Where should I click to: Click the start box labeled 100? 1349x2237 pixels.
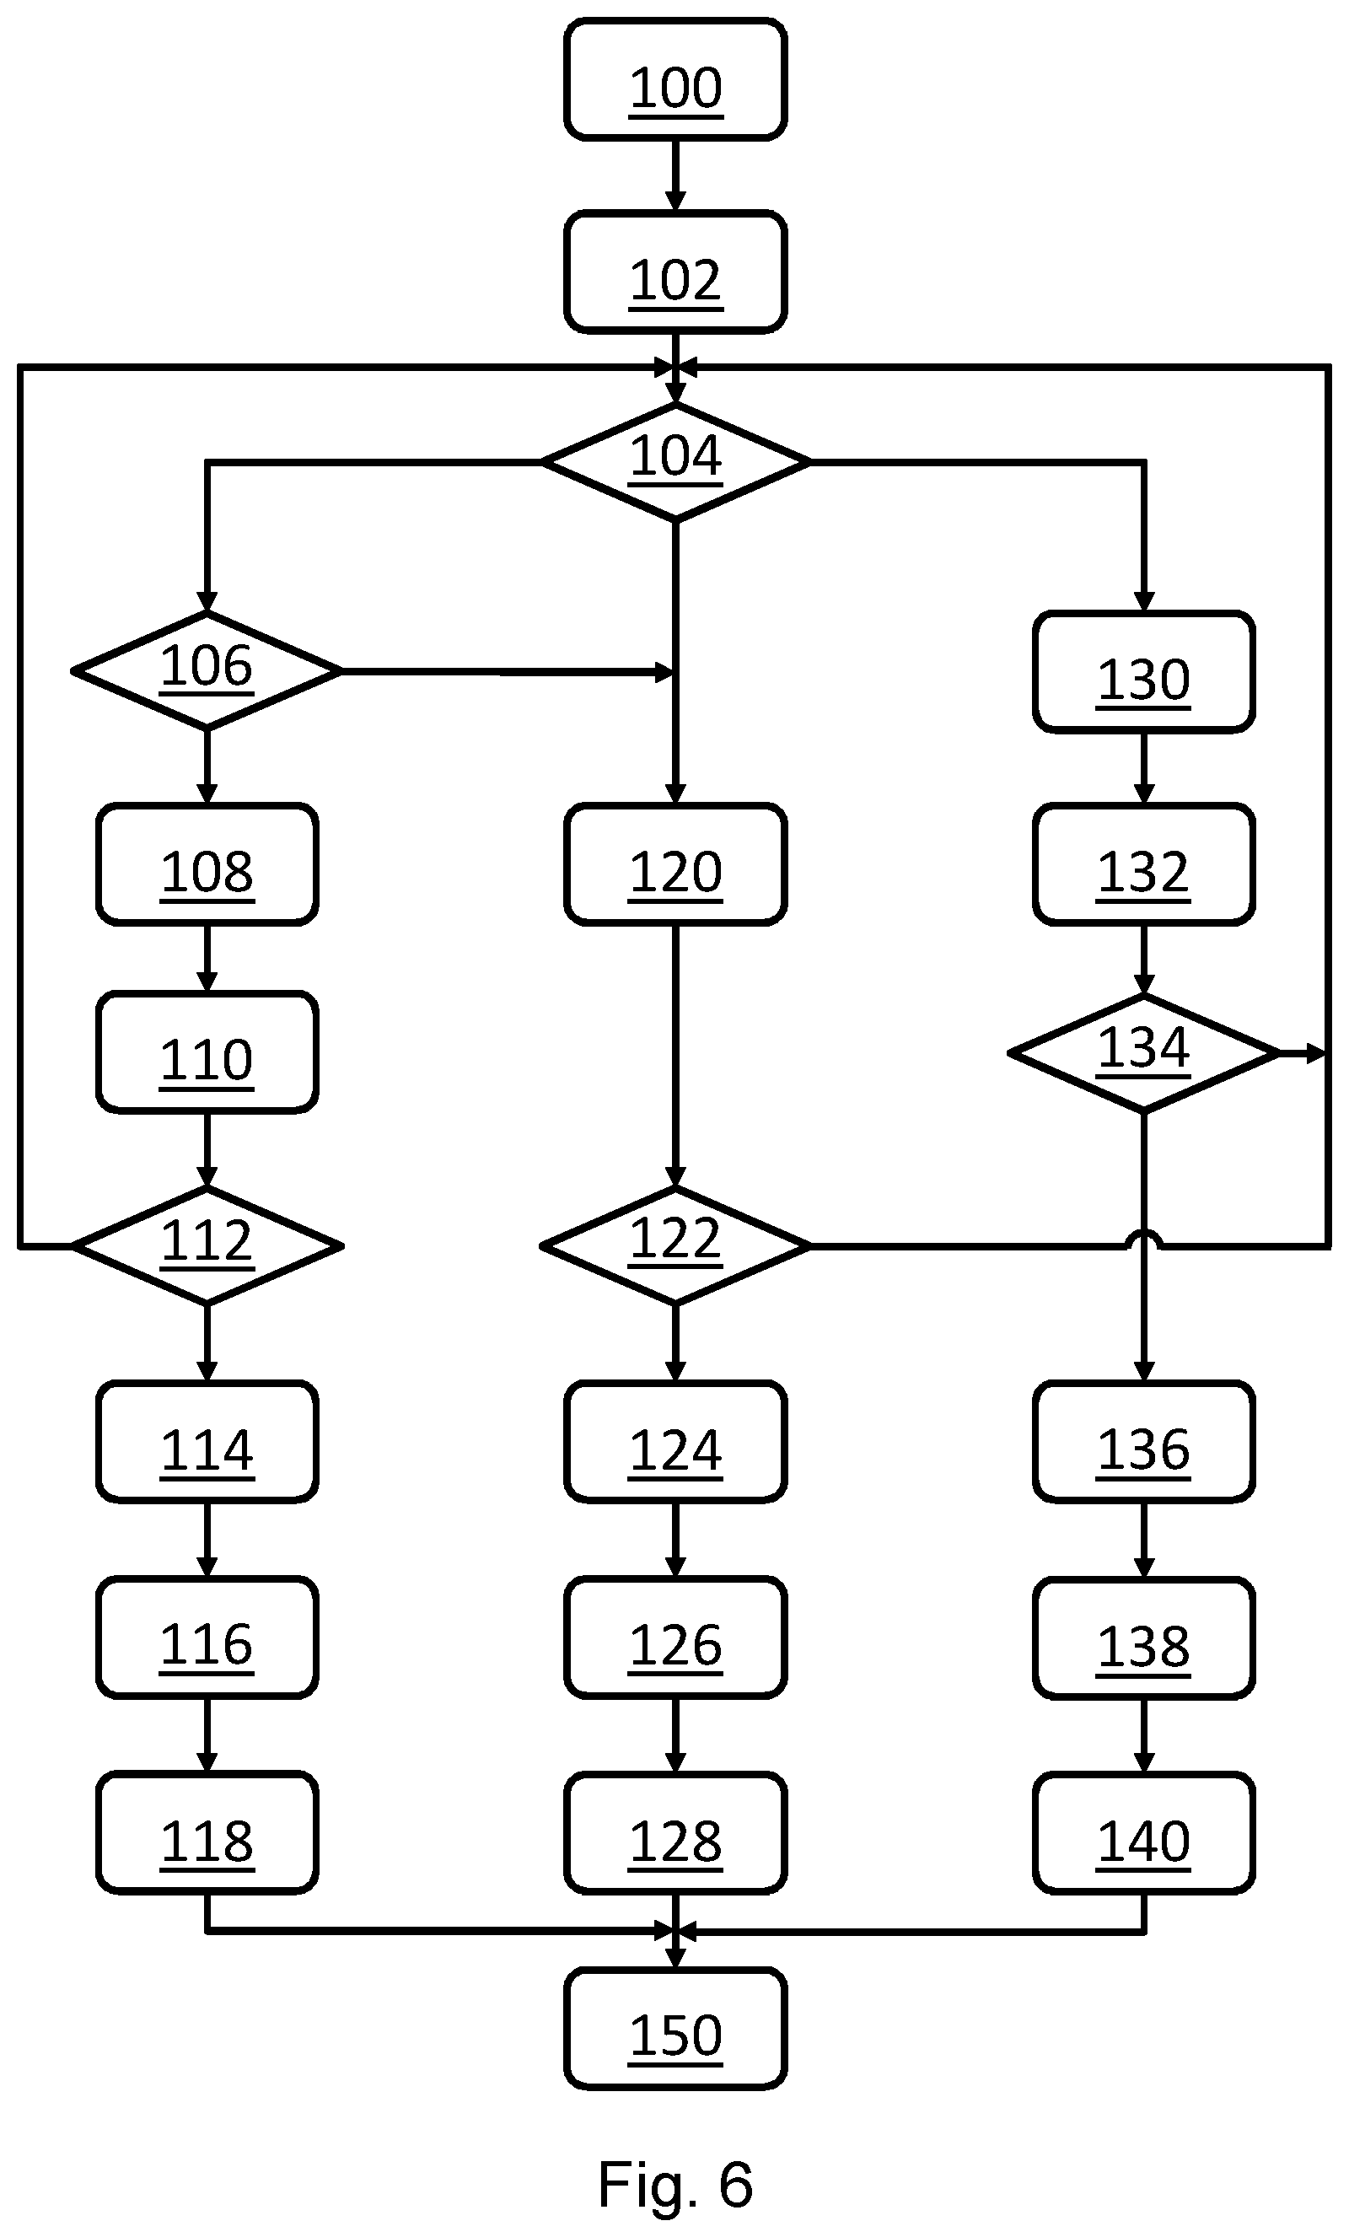click(x=674, y=80)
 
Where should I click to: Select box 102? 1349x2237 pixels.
click(x=674, y=272)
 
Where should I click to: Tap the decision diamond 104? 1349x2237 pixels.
click(x=674, y=462)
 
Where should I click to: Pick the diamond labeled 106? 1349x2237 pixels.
click(x=207, y=671)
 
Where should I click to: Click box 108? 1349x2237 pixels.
click(x=207, y=864)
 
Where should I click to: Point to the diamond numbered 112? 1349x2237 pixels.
click(x=207, y=1245)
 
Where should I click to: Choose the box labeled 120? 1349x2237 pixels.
click(x=674, y=864)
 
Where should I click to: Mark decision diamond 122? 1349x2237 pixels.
click(x=674, y=1245)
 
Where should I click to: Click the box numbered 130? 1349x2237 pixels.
click(x=1144, y=672)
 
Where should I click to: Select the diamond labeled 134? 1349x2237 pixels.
click(x=1144, y=1053)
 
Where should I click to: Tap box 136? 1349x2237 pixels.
click(x=1144, y=1442)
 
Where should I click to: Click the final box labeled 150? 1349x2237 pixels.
click(x=674, y=2029)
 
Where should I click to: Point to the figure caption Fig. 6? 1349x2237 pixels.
click(x=675, y=2185)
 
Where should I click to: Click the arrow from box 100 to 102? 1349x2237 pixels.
click(x=674, y=176)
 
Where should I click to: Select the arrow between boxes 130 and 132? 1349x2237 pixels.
click(x=1144, y=768)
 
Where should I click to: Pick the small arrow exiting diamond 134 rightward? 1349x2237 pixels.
click(x=1303, y=1053)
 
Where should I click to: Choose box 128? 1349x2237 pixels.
click(x=674, y=1834)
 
